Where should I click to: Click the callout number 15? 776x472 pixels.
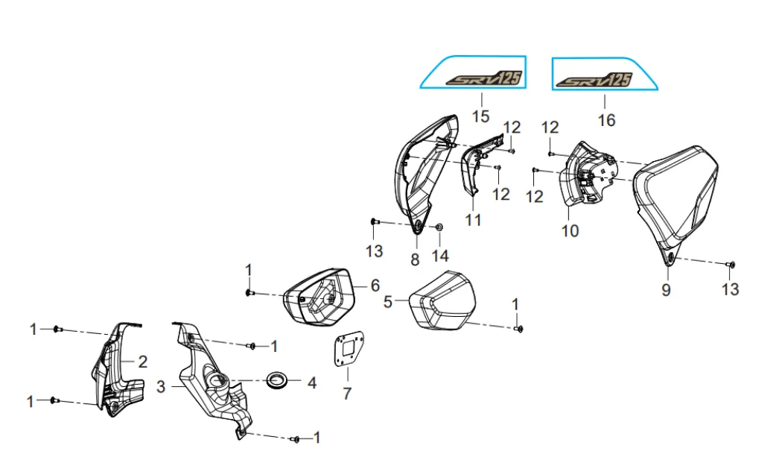(x=480, y=117)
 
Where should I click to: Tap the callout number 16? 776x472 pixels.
(x=606, y=120)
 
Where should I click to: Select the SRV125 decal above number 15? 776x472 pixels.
(x=483, y=79)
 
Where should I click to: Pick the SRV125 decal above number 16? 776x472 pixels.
(x=594, y=81)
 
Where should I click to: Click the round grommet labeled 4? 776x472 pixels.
(x=278, y=380)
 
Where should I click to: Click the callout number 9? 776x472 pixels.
(x=666, y=290)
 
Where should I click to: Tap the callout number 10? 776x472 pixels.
(x=570, y=230)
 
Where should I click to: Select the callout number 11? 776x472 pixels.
(x=473, y=219)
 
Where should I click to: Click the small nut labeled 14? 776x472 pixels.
(x=439, y=227)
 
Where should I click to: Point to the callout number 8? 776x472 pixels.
(x=415, y=259)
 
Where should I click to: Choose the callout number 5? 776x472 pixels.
(x=388, y=302)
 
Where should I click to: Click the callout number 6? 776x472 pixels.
(x=375, y=286)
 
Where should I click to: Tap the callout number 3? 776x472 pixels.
(x=161, y=386)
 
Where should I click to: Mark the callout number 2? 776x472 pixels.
(x=142, y=362)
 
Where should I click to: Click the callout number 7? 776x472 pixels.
(x=347, y=393)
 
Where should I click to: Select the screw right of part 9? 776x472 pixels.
(x=731, y=265)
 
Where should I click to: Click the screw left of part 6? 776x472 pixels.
(x=250, y=294)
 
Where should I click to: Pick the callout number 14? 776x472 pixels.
(x=440, y=256)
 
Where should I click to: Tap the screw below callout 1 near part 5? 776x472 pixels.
(x=518, y=328)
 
